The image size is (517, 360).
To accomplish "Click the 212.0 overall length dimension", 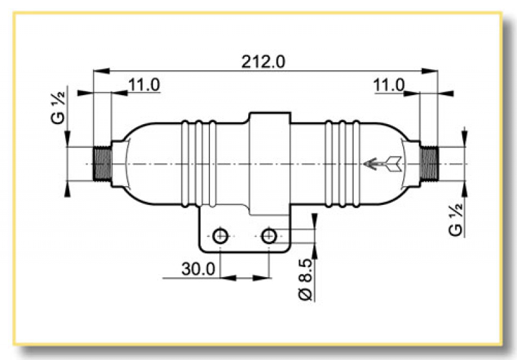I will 263,61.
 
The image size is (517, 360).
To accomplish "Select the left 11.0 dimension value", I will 144,85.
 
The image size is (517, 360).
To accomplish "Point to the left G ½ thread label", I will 58,107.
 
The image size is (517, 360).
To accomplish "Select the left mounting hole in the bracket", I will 220,235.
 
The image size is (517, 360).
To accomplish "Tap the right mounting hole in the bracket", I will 269,235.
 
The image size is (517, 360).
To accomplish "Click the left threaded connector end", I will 102,164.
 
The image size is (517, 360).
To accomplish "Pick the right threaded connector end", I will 429,164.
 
